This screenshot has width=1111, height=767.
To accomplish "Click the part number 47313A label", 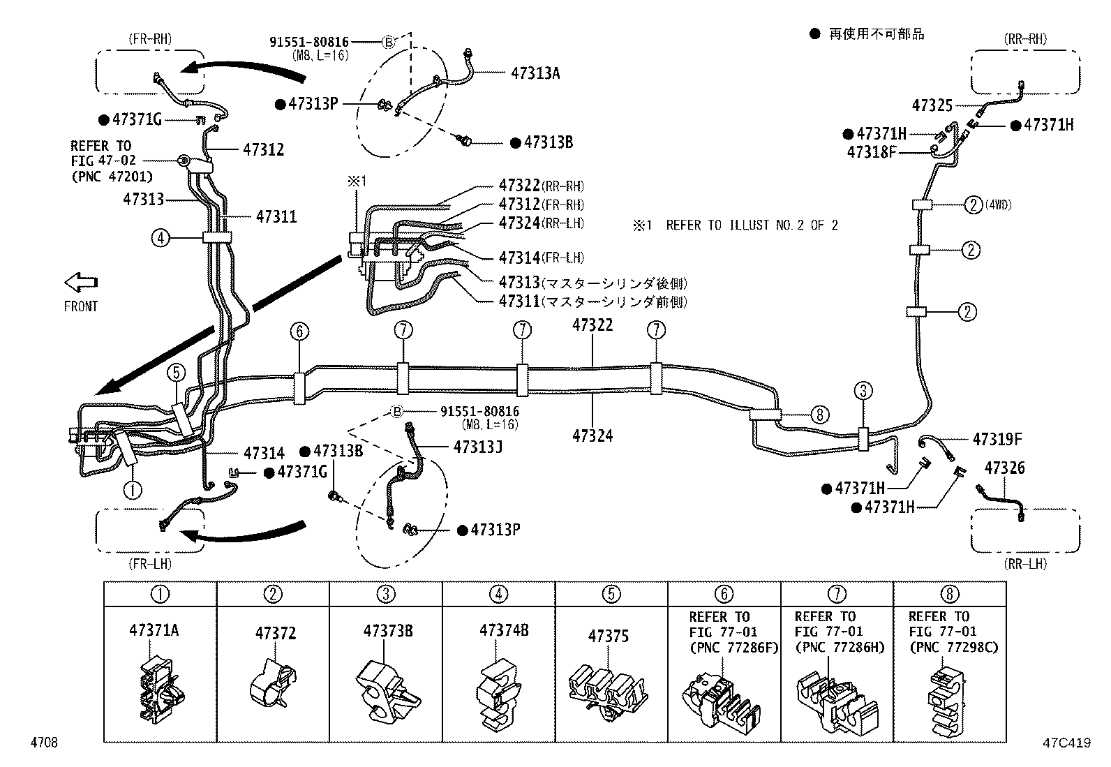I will point(535,73).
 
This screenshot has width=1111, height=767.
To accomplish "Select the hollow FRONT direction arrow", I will point(80,283).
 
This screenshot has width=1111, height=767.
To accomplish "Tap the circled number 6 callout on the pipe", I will point(299,332).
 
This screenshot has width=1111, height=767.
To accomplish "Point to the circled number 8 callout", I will point(821,415).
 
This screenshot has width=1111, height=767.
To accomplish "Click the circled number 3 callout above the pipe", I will point(863,390).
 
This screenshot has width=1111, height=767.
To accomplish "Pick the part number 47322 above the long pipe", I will point(592,325).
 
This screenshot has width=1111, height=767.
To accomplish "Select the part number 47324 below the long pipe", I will point(592,435).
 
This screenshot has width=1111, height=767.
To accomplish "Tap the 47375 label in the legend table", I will point(608,636).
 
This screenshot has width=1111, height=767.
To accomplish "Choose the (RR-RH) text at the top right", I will point(1025,39).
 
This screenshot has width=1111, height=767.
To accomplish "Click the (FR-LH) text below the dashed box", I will point(149,563).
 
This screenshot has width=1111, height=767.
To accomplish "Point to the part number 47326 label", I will point(1004,468).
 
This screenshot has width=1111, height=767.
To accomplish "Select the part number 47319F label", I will point(997,439).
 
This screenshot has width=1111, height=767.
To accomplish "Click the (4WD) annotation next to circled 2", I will point(999,205).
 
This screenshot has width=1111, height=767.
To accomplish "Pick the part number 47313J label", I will point(477,446).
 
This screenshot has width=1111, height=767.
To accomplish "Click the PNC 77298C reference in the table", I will point(953,647).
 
